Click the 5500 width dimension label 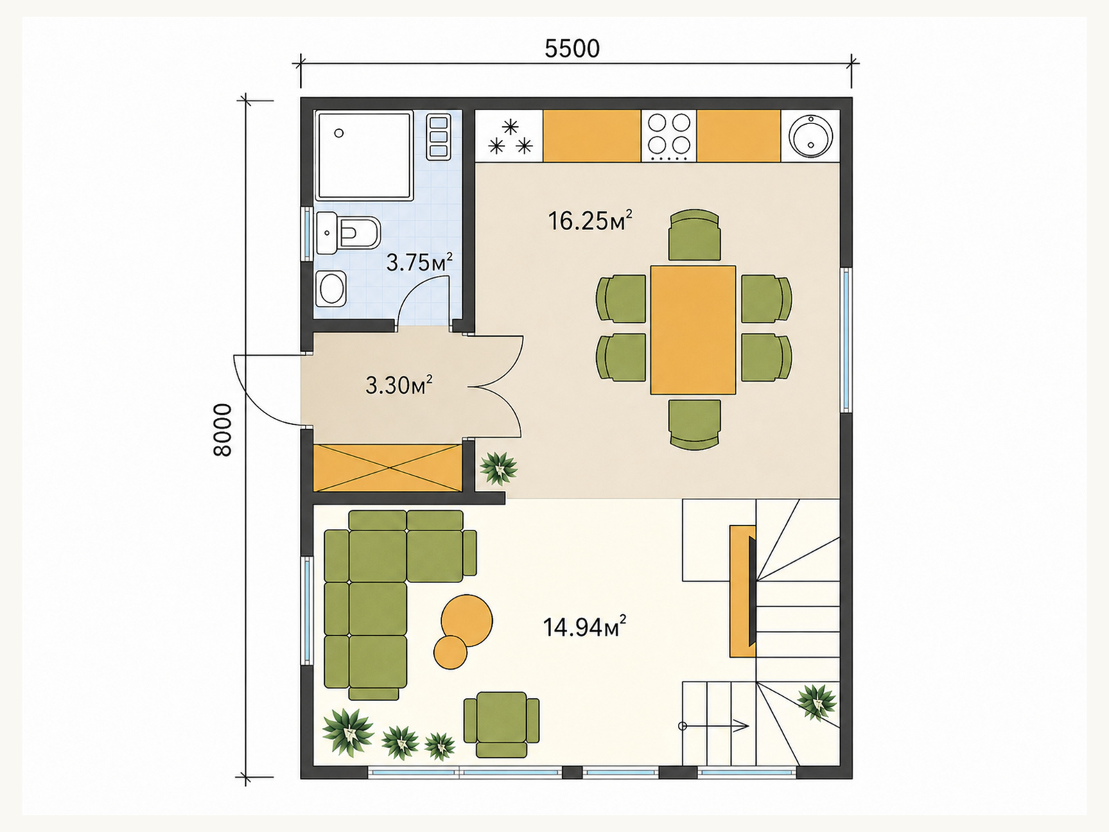572,49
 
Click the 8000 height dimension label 222,430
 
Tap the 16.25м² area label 590,220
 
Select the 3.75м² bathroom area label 419,262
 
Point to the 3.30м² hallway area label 399,385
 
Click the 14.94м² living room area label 584,627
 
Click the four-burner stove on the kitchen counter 669,137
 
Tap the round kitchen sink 812,135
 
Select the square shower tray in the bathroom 364,155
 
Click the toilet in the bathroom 348,234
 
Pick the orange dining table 692,329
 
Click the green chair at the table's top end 695,235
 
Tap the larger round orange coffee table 466,621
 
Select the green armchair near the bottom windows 501,725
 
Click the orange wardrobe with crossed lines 387,468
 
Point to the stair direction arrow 715,727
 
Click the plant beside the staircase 817,702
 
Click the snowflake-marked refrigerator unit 509,137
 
